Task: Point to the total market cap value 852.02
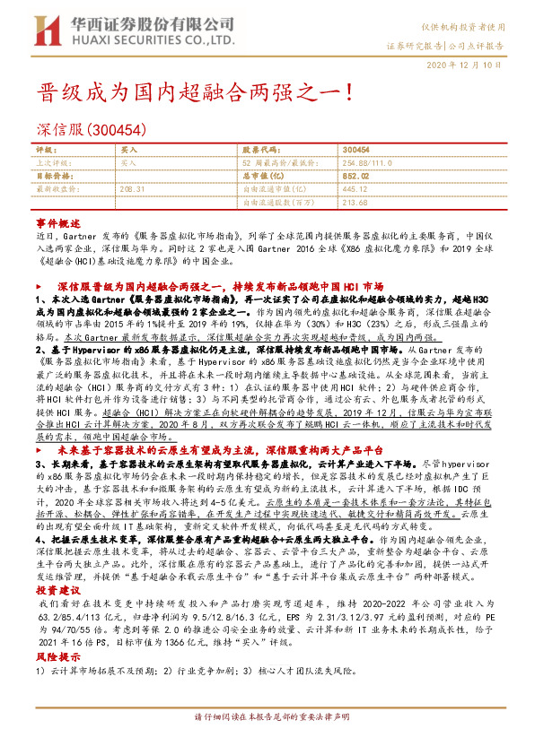pos(355,177)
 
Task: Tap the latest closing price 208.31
pos(131,189)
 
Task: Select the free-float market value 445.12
pos(355,189)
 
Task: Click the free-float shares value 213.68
pos(355,202)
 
